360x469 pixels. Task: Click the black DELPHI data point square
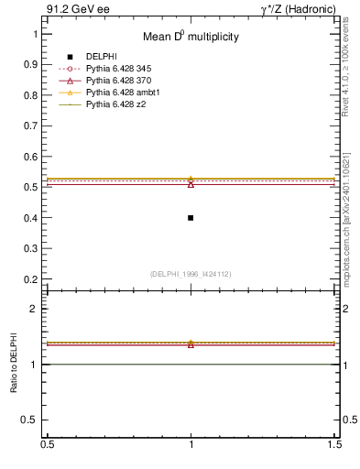coord(191,218)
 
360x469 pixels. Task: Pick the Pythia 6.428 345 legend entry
coord(116,69)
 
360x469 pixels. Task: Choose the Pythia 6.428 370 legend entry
coord(116,81)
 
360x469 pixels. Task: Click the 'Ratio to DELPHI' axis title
coord(16,364)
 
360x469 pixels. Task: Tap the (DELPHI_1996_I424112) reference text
coord(191,273)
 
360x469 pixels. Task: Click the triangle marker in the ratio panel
coord(191,344)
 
